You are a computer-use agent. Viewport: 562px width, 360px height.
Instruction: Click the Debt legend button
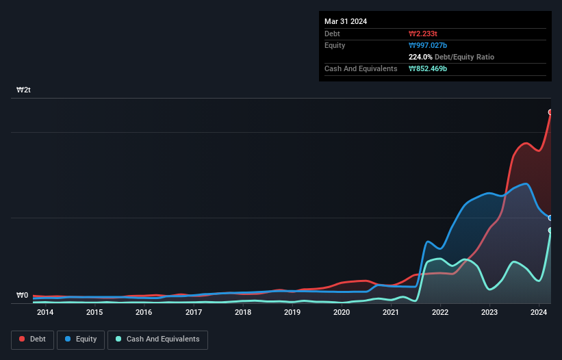[x=32, y=339]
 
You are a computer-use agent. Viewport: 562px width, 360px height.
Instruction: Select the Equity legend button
[x=81, y=339]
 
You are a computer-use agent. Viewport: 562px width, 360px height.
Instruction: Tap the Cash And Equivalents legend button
[x=157, y=339]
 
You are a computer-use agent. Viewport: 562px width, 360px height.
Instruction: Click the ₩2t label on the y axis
[x=23, y=90]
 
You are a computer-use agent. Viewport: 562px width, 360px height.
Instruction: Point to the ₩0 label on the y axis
[x=22, y=296]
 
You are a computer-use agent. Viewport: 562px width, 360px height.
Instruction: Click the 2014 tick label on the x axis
[x=45, y=313]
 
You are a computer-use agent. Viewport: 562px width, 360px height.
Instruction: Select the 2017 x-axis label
[x=194, y=313]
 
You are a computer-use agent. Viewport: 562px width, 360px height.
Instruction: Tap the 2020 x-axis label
[x=342, y=313]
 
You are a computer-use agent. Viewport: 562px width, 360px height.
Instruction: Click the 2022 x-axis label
[x=440, y=313]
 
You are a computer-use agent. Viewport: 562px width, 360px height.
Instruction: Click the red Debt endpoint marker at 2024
[x=550, y=112]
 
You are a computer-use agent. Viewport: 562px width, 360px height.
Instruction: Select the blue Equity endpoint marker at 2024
[x=550, y=218]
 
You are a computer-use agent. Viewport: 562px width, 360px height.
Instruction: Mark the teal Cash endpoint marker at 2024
[x=550, y=230]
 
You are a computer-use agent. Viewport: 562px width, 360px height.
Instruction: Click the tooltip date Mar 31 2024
[x=346, y=21]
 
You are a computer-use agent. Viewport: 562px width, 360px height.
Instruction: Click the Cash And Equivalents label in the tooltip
[x=361, y=69]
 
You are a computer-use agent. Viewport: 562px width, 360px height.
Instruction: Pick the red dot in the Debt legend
[x=22, y=339]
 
